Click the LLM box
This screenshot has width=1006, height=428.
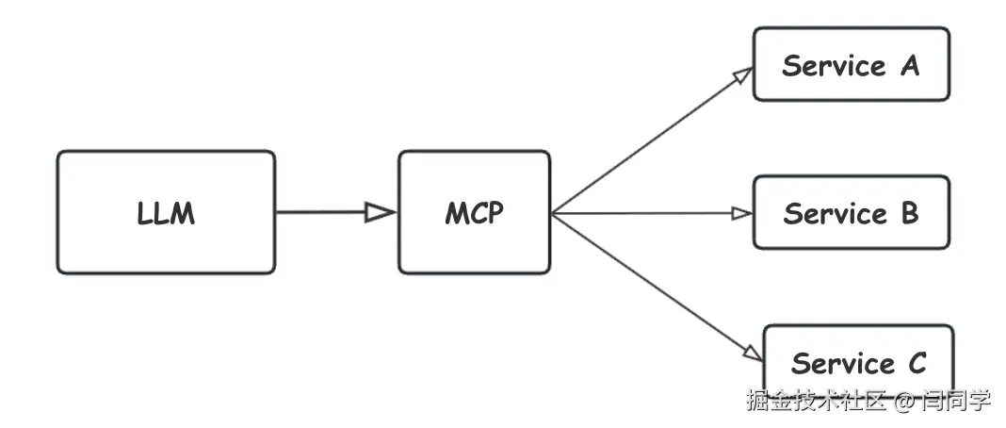pyautogui.click(x=166, y=212)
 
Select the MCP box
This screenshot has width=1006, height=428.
pyautogui.click(x=474, y=212)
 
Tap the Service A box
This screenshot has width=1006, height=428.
pyautogui.click(x=851, y=64)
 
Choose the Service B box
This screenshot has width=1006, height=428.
pyautogui.click(x=851, y=212)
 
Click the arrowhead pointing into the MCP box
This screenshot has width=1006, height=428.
pyautogui.click(x=380, y=212)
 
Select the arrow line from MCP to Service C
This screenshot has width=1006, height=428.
pyautogui.click(x=650, y=282)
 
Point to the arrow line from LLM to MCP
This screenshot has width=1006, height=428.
pyautogui.click(x=320, y=212)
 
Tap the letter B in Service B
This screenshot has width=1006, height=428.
pyautogui.click(x=908, y=213)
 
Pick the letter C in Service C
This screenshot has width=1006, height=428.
pyautogui.click(x=916, y=363)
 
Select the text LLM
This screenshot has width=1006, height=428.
pyautogui.click(x=166, y=213)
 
